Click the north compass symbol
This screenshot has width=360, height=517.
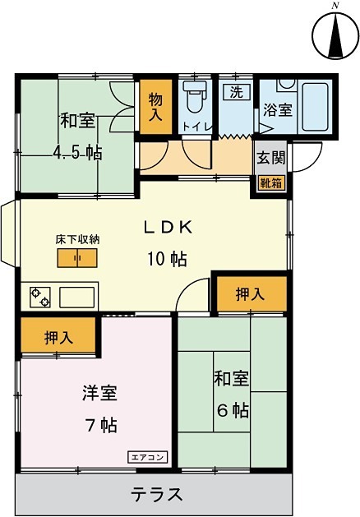tap(334, 35)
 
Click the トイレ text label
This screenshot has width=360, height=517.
tap(197, 127)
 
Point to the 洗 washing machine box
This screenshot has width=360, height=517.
tap(236, 93)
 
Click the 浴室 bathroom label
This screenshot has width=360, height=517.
tap(277, 110)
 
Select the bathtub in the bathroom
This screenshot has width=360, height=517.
tap(314, 107)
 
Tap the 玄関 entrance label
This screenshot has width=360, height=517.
tap(271, 157)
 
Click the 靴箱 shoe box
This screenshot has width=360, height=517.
tap(271, 182)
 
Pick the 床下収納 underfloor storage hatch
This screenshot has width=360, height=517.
tap(77, 258)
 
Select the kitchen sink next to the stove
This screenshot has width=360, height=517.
tap(76, 296)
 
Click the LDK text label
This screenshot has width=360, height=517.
tap(170, 227)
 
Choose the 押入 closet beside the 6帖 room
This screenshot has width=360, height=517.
tap(250, 294)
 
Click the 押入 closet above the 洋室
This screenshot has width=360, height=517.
tap(58, 336)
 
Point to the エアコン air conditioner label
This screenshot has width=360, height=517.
tap(148, 457)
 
